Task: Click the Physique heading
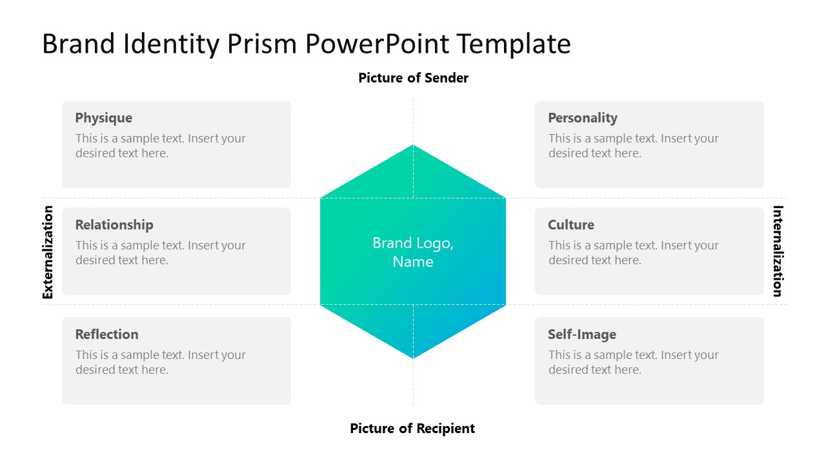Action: (x=103, y=118)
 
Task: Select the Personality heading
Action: (x=582, y=118)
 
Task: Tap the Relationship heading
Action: (x=114, y=225)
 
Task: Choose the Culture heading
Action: (x=570, y=225)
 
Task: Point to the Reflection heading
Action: (x=106, y=334)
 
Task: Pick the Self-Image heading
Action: (x=581, y=334)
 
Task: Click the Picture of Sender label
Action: (x=413, y=78)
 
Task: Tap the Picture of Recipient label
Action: (x=412, y=429)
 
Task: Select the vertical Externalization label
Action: (x=48, y=252)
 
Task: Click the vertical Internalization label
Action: (x=778, y=251)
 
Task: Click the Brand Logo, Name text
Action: (x=413, y=252)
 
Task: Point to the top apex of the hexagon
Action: (x=413, y=146)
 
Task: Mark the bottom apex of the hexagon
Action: (x=413, y=357)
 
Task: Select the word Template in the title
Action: (x=514, y=44)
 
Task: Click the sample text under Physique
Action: (x=160, y=146)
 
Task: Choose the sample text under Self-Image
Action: (x=633, y=362)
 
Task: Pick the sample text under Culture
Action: (x=633, y=253)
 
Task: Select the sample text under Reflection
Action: (x=160, y=362)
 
